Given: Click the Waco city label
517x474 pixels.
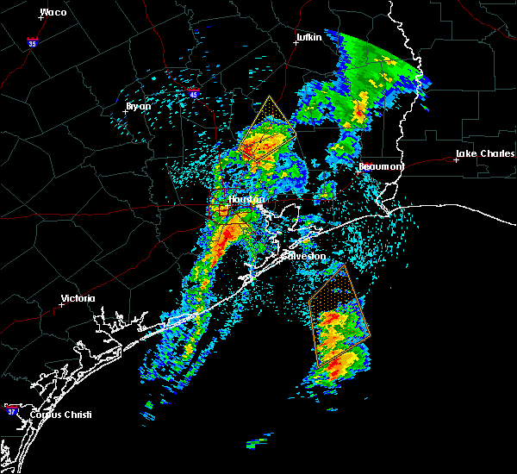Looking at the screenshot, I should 53,13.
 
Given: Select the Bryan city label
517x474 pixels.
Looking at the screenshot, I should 139,106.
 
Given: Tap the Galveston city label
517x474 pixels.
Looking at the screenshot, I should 305,255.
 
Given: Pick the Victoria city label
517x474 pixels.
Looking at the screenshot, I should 78,299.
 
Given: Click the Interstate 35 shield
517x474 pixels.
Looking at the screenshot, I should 33,41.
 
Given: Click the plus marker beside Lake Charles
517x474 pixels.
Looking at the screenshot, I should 456,159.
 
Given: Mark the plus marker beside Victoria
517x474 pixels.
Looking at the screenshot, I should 61,304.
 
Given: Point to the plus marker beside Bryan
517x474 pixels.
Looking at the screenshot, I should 125,111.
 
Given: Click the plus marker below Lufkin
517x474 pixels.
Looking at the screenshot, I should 296,43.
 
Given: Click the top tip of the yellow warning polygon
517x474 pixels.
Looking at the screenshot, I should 269,96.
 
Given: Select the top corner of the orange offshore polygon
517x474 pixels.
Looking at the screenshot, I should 340,264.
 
